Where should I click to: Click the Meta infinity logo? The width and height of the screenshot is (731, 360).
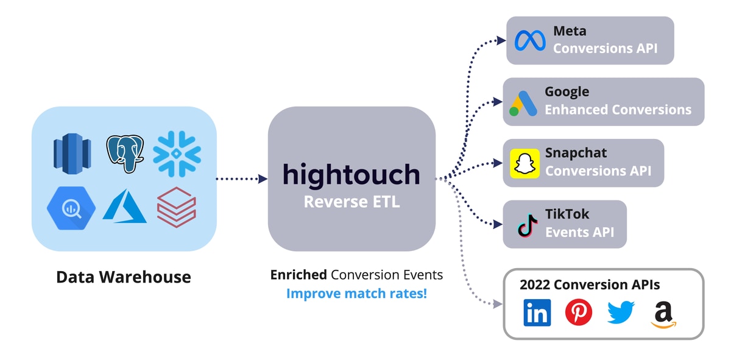(x=529, y=41)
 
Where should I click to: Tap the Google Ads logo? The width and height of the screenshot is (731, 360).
(x=523, y=103)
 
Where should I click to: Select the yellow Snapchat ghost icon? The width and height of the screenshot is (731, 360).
(x=524, y=163)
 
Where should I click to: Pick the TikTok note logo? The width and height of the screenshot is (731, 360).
(x=528, y=225)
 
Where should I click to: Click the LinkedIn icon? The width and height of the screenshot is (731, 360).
(x=537, y=312)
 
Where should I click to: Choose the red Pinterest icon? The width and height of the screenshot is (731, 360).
(x=578, y=312)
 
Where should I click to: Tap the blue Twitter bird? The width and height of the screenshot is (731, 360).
(x=621, y=312)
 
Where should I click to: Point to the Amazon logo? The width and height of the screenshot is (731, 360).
(x=663, y=314)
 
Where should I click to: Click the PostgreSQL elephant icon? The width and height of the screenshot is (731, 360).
(x=125, y=154)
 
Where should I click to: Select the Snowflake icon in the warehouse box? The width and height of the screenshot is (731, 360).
(x=177, y=154)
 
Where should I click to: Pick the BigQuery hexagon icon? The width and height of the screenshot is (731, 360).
(x=71, y=208)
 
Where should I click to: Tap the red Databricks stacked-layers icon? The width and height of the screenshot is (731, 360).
(x=177, y=207)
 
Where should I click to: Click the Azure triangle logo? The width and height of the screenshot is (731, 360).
(x=125, y=206)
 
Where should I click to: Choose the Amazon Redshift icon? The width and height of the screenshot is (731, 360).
(x=72, y=154)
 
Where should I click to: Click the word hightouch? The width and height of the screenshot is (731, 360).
(x=351, y=175)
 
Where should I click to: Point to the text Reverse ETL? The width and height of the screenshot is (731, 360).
(x=351, y=202)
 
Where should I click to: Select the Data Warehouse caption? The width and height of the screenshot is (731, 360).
(x=124, y=277)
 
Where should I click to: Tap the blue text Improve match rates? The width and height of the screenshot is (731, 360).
(x=357, y=293)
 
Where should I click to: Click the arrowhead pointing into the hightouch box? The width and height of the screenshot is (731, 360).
(x=263, y=179)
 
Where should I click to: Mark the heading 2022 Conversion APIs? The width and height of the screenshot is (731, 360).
(x=590, y=284)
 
